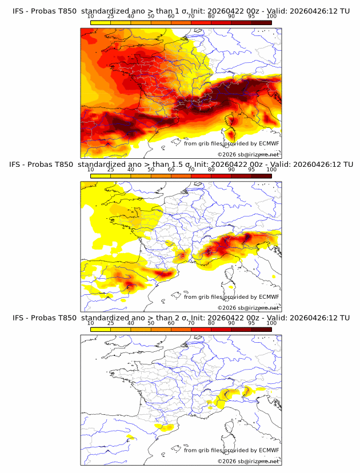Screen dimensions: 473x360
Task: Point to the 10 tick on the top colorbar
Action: [90, 16]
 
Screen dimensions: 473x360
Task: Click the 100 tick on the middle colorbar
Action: [271, 170]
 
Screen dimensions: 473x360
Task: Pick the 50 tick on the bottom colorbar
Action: [151, 323]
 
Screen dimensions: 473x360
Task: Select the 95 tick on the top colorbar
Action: [251, 16]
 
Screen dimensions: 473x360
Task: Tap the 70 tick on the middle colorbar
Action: [191, 170]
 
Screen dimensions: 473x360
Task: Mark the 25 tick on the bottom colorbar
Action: [110, 323]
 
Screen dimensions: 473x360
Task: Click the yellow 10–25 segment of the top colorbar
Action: [101, 22]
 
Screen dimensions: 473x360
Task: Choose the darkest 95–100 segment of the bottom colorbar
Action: [262, 330]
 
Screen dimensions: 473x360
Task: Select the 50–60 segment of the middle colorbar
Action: [161, 176]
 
